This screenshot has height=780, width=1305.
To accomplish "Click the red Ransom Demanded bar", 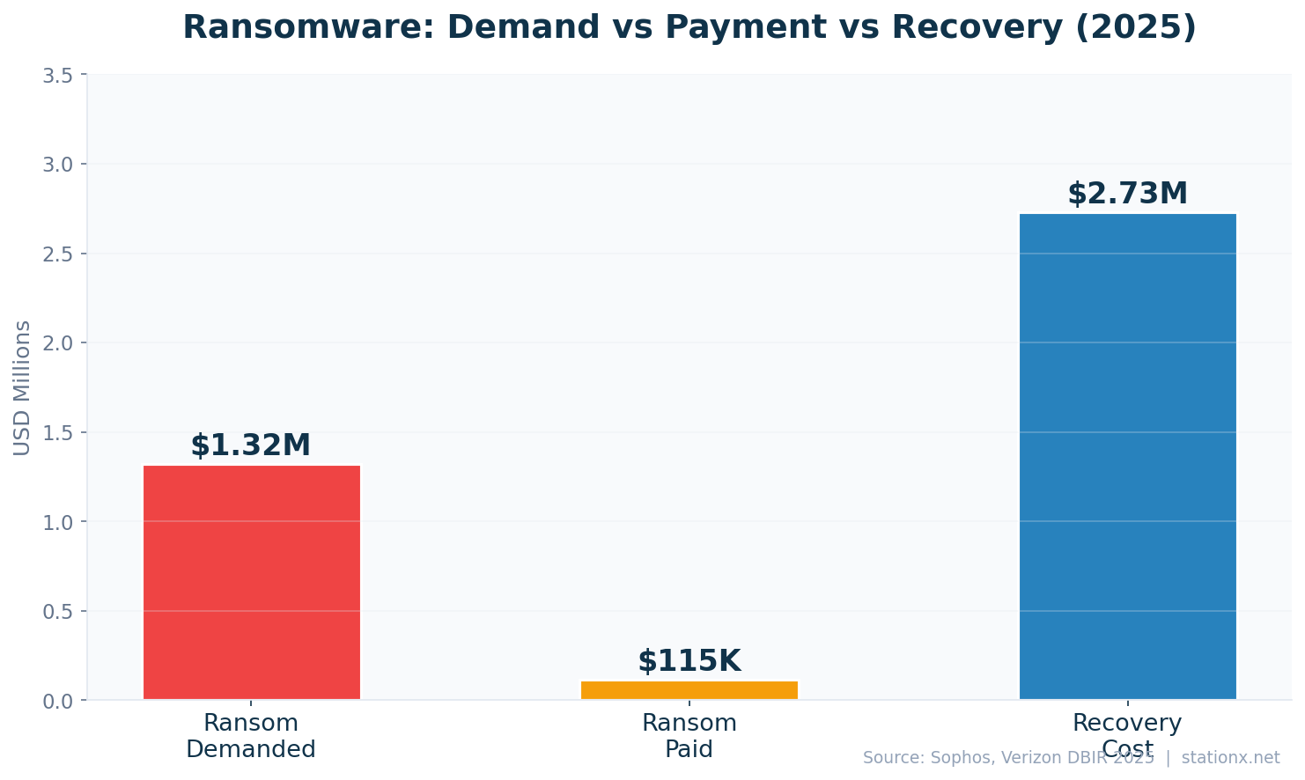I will coord(252,582).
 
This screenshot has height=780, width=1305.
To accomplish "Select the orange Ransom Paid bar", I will coord(689,690).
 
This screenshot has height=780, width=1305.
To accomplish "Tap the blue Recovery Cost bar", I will coord(1127,456).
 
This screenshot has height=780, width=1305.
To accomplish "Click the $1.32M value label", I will coord(251,445).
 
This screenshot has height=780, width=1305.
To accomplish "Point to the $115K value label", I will coord(689,661).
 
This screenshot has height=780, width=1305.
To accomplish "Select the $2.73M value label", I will coord(1127,194).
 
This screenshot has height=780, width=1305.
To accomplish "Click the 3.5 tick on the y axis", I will coord(58,76).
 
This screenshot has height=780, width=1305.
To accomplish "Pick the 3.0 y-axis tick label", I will coord(58,165).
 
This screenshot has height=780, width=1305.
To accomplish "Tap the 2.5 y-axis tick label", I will coord(58,254).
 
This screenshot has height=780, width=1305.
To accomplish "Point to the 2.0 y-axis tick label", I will coord(58,343).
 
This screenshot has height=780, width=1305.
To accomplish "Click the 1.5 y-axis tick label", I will coord(58,433).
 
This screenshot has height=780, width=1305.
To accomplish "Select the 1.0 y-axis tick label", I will coord(58,522).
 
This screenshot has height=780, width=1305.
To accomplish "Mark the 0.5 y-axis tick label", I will coord(58,612).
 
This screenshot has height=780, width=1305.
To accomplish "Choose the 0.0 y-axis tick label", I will coord(58,702).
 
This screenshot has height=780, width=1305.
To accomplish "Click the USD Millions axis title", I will coord(22,388).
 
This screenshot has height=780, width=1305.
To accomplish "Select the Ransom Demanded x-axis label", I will coord(251,736).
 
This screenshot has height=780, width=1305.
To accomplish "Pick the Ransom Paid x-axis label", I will coord(689,736).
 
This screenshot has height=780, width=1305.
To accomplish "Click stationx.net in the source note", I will coord(1230,758).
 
